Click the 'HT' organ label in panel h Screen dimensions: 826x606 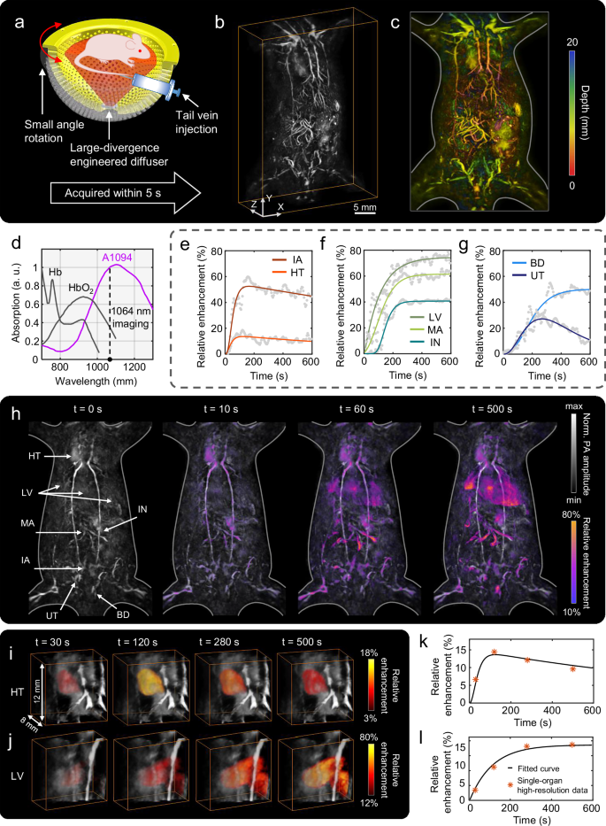pos(45,456)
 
